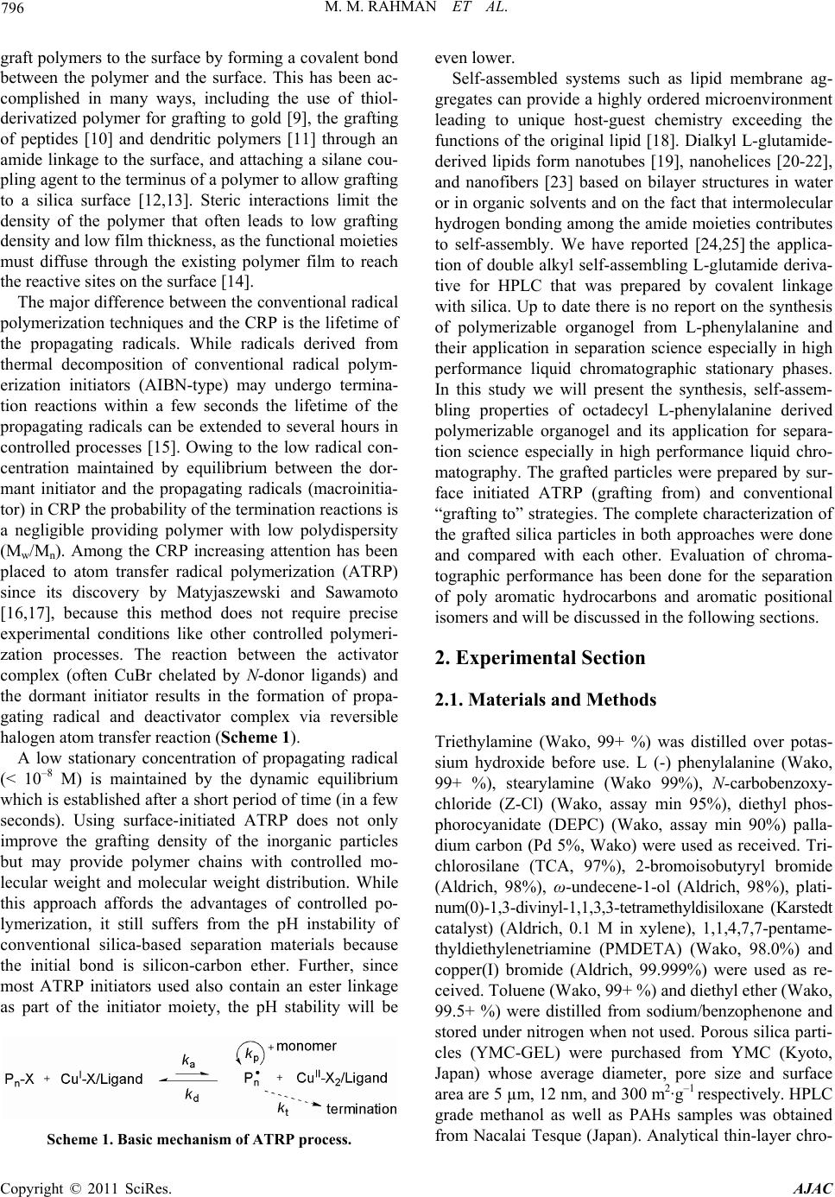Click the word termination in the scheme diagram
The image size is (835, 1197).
(361, 1108)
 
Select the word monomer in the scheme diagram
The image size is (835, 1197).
(306, 1046)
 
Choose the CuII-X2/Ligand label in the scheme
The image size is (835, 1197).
(341, 1077)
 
